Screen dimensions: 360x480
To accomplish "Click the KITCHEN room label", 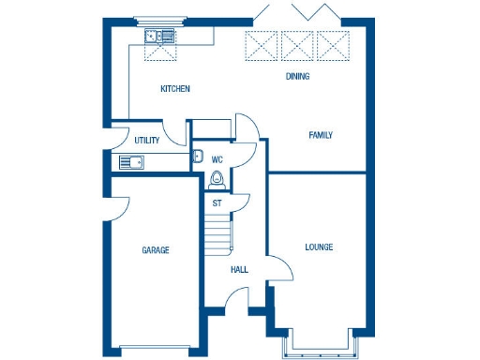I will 175,89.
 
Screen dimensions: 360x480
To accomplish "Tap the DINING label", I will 298,77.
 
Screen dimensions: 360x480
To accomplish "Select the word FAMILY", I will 321,135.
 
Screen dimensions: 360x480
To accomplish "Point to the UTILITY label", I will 146,141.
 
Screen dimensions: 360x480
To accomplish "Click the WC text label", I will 217,159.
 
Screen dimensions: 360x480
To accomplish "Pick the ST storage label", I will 217,202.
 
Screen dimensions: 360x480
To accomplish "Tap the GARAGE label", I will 156,250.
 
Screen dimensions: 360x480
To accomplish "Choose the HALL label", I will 240,270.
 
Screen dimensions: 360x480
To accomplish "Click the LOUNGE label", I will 319,247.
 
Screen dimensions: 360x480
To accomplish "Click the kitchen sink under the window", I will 160,37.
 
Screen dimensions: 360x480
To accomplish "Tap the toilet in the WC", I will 218,179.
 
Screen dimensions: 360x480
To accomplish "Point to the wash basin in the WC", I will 198,157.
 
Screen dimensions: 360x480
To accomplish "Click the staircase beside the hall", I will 218,232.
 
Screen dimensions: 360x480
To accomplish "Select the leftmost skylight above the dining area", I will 261,44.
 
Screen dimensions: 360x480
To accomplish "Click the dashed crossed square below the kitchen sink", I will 160,54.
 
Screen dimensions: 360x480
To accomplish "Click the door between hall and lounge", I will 279,271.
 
